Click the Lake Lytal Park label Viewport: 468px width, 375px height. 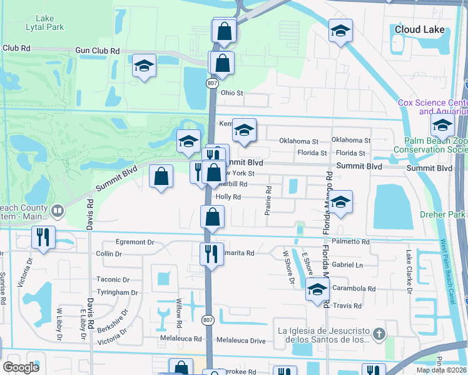point(49,23)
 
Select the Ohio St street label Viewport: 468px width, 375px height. point(231,92)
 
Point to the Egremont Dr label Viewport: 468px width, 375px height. point(134,241)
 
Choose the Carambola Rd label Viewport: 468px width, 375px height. point(354,289)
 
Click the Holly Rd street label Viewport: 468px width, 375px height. point(228,196)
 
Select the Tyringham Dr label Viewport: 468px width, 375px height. point(117,292)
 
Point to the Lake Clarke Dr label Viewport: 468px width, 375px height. point(409,272)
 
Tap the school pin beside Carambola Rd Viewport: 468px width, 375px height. point(317,289)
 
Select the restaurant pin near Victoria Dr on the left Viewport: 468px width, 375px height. point(43,237)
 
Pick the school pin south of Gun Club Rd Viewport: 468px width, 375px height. point(144,66)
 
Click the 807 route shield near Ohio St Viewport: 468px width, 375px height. point(212,82)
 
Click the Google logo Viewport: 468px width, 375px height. point(21,367)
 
